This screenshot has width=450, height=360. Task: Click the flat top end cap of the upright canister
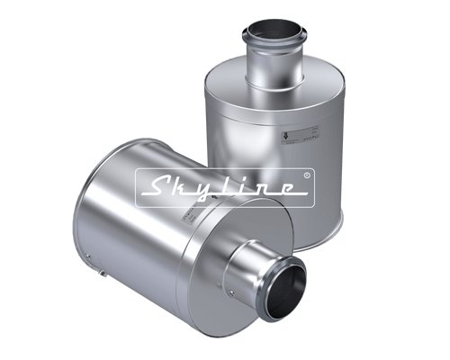point(270,81)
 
